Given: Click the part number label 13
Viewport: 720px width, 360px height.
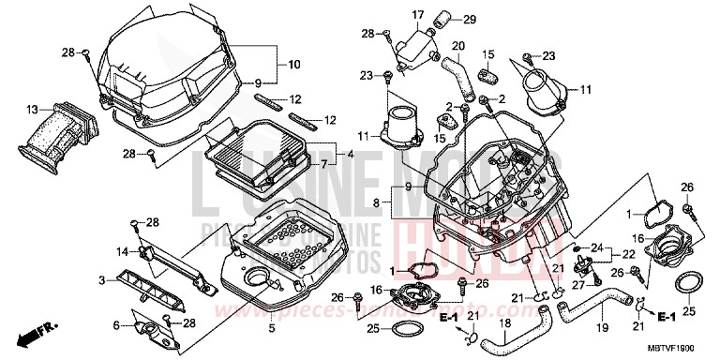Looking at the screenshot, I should pos(33,110).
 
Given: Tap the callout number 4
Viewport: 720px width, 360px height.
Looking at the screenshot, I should pos(351,153).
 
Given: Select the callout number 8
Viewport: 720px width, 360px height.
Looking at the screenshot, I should pos(378,202).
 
